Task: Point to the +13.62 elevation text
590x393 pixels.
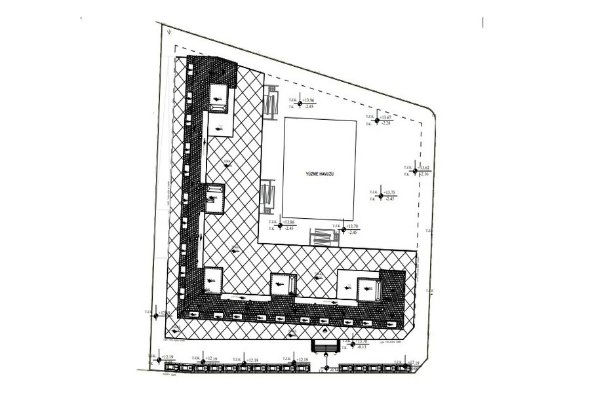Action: click(x=425, y=167)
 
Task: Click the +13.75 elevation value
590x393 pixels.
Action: click(x=391, y=191)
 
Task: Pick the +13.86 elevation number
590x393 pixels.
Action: click(x=290, y=223)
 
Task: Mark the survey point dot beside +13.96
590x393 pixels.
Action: click(x=300, y=103)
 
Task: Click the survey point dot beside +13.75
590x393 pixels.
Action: click(x=379, y=195)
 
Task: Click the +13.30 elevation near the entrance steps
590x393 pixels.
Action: click(x=363, y=342)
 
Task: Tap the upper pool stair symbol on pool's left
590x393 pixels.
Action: click(x=270, y=103)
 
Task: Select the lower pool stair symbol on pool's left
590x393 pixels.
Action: click(x=267, y=198)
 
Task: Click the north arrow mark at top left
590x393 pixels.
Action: click(x=168, y=30)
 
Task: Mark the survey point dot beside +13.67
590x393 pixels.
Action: click(x=377, y=121)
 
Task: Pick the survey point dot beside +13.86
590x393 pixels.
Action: click(x=280, y=226)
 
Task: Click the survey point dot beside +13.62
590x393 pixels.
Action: click(x=414, y=170)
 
